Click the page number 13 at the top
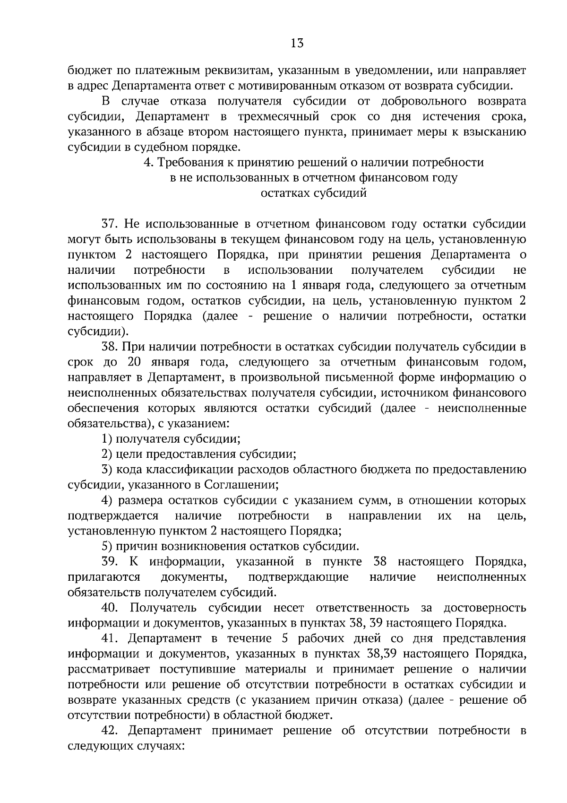(x=297, y=44)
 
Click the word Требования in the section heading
(x=188, y=163)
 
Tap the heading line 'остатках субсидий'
(x=314, y=193)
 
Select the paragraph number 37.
(x=110, y=224)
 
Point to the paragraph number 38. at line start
(x=110, y=347)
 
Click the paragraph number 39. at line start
(x=111, y=562)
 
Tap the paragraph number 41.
(x=110, y=638)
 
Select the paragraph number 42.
(x=111, y=731)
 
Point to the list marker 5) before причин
(x=107, y=547)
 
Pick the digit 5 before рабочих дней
(x=284, y=638)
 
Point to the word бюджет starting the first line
(x=87, y=71)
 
